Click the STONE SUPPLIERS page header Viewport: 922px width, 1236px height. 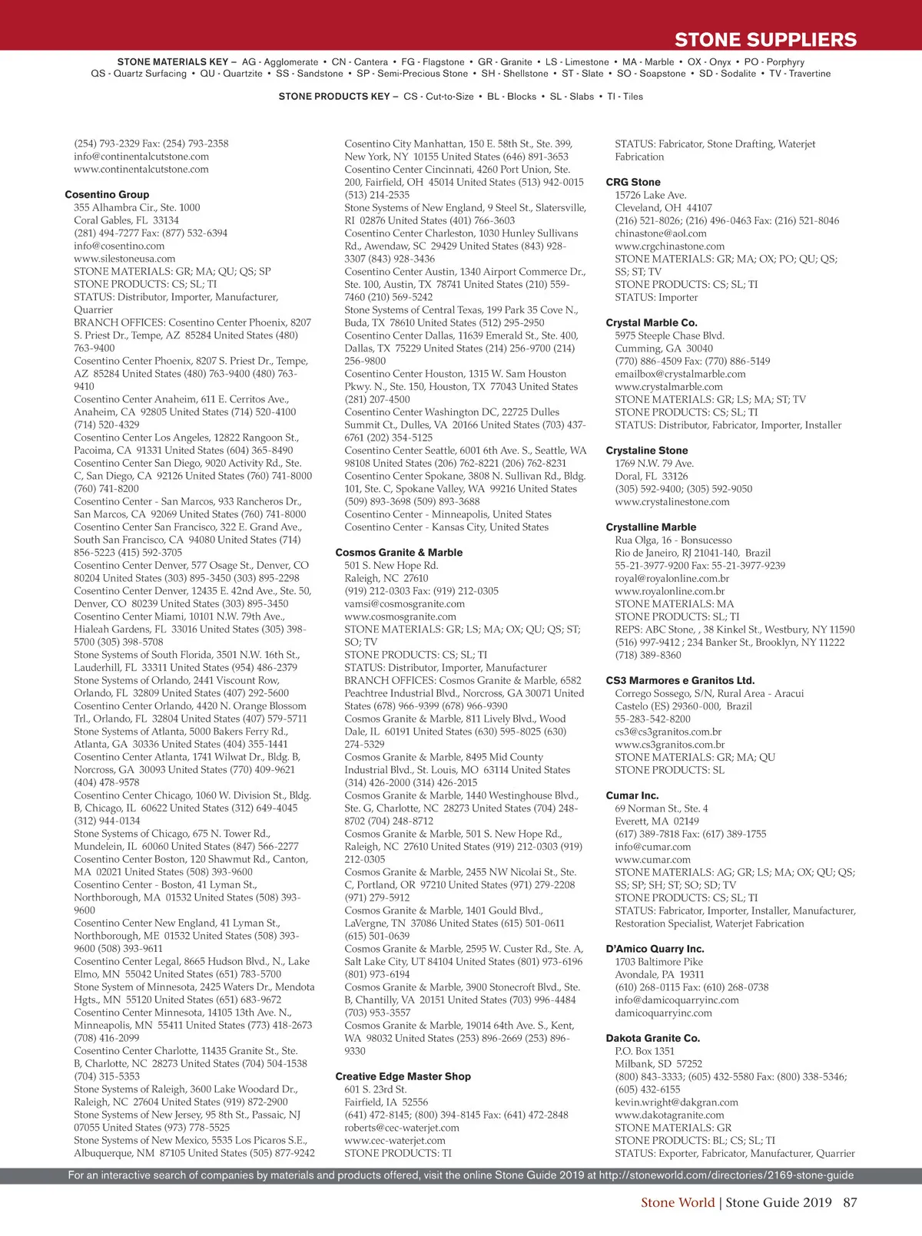[x=764, y=40]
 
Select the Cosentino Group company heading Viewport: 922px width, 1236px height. [x=107, y=195]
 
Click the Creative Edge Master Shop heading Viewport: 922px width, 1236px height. [x=403, y=1077]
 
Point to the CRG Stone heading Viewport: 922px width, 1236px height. [x=633, y=183]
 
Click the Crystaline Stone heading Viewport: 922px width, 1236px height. [x=647, y=451]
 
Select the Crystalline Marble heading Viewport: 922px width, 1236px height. [x=651, y=527]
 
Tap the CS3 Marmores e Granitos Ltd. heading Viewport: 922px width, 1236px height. [x=680, y=681]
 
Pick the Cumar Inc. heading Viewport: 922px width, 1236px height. [x=632, y=796]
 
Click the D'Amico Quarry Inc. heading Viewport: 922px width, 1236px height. [x=654, y=950]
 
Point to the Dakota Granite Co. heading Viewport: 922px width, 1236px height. [x=653, y=1039]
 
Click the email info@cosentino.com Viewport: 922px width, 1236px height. [x=119, y=246]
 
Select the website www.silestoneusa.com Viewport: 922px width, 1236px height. [x=124, y=259]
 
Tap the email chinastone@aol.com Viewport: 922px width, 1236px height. [x=661, y=233]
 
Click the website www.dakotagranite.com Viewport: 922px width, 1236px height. [x=669, y=1115]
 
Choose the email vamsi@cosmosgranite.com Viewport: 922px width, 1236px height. [x=404, y=604]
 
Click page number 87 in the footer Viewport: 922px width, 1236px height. [x=850, y=1203]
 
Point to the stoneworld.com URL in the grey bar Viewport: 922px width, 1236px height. [x=726, y=1175]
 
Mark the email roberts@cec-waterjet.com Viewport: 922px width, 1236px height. [x=402, y=1129]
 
